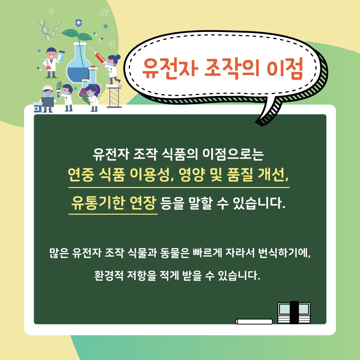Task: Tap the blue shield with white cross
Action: [79, 23]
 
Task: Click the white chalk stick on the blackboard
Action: [254, 321]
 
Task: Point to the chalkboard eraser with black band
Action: [294, 312]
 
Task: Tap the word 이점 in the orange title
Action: [285, 68]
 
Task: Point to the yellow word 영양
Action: [191, 175]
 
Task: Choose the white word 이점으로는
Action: [233, 154]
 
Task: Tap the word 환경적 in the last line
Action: [109, 275]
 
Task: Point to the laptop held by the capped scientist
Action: [48, 102]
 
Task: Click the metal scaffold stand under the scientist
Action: [114, 96]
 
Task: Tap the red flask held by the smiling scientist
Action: [48, 66]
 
